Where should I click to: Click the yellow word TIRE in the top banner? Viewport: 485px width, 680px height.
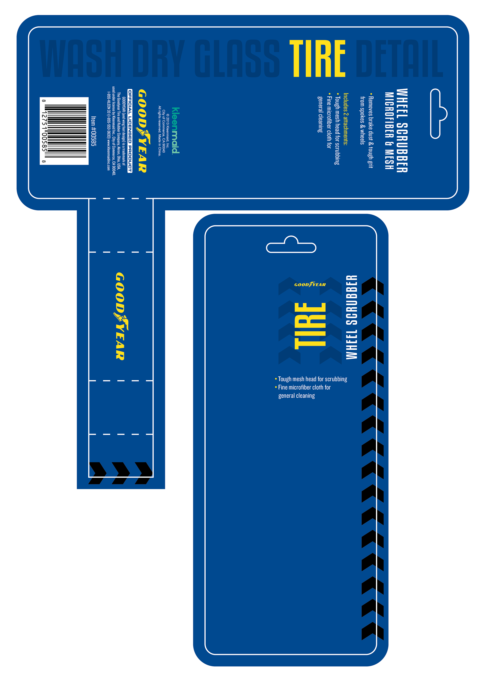point(317,59)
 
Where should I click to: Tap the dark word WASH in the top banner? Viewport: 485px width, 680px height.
point(81,59)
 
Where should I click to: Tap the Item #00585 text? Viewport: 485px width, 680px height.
point(93,131)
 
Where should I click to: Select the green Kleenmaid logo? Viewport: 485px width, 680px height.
point(176,131)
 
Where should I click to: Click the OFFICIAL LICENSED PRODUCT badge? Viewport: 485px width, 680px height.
point(130,131)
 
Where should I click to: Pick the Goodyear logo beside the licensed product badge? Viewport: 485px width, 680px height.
point(142,131)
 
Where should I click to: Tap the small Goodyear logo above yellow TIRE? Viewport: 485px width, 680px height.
point(310,285)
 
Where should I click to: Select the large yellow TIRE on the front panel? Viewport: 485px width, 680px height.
point(310,326)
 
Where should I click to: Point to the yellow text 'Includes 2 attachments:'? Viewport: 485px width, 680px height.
point(346,119)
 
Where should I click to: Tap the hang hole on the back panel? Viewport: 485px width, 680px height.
point(438,113)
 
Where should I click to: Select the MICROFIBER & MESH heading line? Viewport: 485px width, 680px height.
point(389,131)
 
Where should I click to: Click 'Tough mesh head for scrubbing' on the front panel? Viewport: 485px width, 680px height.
point(312,379)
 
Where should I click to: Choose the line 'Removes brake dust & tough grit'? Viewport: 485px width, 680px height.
point(371,132)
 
